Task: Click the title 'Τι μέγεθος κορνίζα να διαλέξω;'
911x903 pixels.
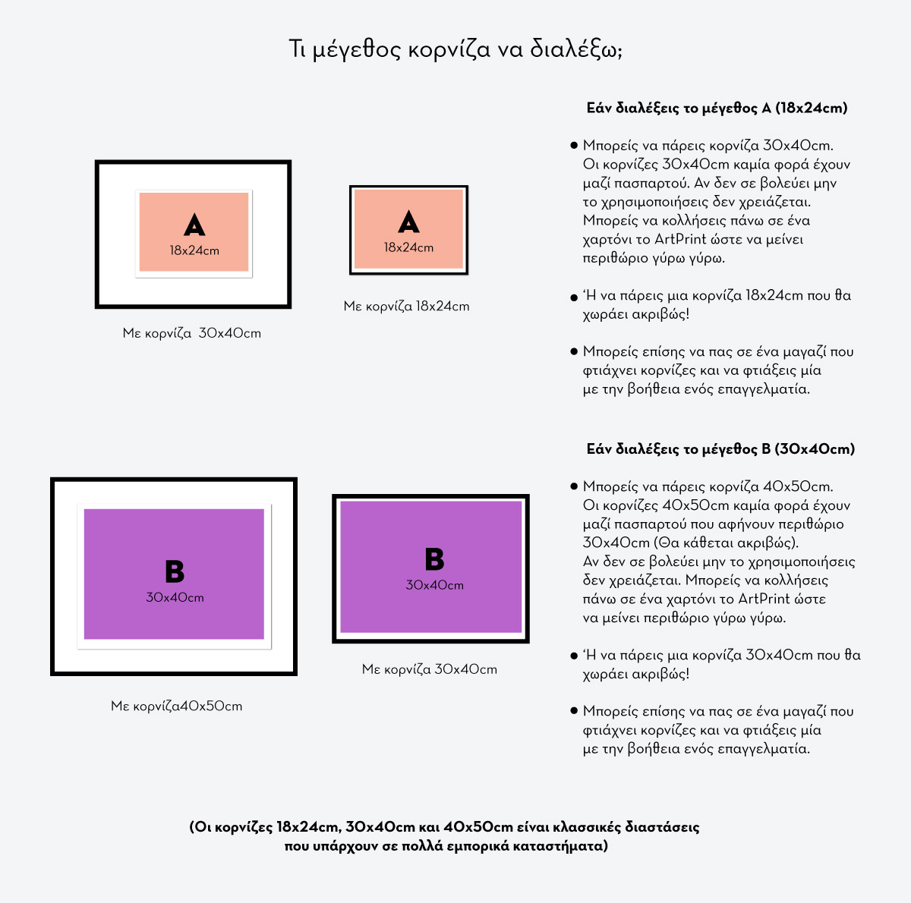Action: (x=455, y=49)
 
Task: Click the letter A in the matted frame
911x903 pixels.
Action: (x=194, y=225)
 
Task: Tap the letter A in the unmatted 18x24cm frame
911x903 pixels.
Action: (x=408, y=222)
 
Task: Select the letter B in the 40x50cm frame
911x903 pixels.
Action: (x=175, y=571)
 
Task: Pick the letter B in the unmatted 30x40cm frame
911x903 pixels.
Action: (x=434, y=558)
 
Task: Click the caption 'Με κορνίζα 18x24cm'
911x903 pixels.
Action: (x=407, y=307)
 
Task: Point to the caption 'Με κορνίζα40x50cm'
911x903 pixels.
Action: (x=176, y=706)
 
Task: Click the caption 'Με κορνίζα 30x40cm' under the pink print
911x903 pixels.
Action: (x=192, y=333)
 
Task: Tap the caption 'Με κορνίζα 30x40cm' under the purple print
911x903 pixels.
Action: (x=430, y=669)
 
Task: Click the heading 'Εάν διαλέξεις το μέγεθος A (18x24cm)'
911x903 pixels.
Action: (x=717, y=109)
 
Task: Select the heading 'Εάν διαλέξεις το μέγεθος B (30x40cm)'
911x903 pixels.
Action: (x=720, y=449)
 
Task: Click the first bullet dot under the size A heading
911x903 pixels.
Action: (x=574, y=145)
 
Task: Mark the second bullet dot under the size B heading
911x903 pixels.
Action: (x=574, y=656)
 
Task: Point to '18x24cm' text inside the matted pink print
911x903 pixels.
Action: (x=194, y=250)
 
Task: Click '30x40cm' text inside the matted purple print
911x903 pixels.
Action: (x=175, y=598)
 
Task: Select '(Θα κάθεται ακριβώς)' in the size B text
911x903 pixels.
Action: (x=730, y=543)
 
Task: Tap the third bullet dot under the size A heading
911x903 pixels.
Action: (x=574, y=351)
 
